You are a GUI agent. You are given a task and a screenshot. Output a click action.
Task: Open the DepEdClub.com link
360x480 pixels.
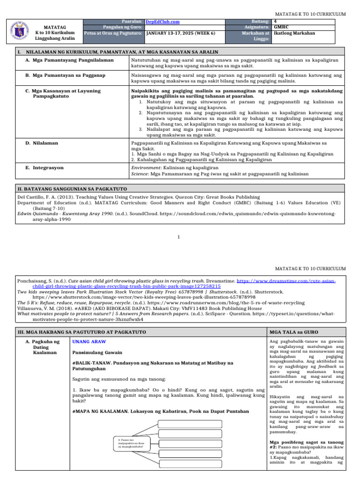(x=163, y=22)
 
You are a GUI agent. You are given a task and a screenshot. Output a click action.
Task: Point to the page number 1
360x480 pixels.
(x=180, y=236)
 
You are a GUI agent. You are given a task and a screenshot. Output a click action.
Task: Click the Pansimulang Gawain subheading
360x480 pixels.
(x=97, y=352)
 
